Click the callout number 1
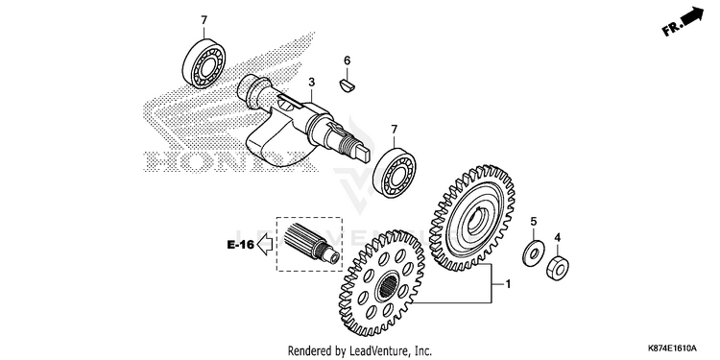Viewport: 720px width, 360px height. tap(508, 285)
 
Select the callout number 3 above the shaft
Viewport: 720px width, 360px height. tap(311, 83)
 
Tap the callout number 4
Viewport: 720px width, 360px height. tap(558, 237)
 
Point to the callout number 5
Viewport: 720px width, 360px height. tap(534, 222)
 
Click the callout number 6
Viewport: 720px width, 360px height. tap(348, 60)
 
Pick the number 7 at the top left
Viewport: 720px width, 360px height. tap(204, 20)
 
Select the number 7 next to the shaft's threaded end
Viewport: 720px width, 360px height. tap(394, 130)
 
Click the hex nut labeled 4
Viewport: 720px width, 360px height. tap(558, 269)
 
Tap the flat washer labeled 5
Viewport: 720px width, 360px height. tap(533, 252)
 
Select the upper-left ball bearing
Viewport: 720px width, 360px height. tap(204, 63)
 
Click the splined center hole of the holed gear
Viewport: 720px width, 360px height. tap(389, 287)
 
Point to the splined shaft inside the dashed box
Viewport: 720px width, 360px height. tap(311, 244)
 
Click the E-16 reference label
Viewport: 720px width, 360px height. tap(241, 245)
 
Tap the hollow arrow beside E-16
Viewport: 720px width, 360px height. tap(264, 245)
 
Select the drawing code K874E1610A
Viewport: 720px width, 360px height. tap(672, 348)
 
